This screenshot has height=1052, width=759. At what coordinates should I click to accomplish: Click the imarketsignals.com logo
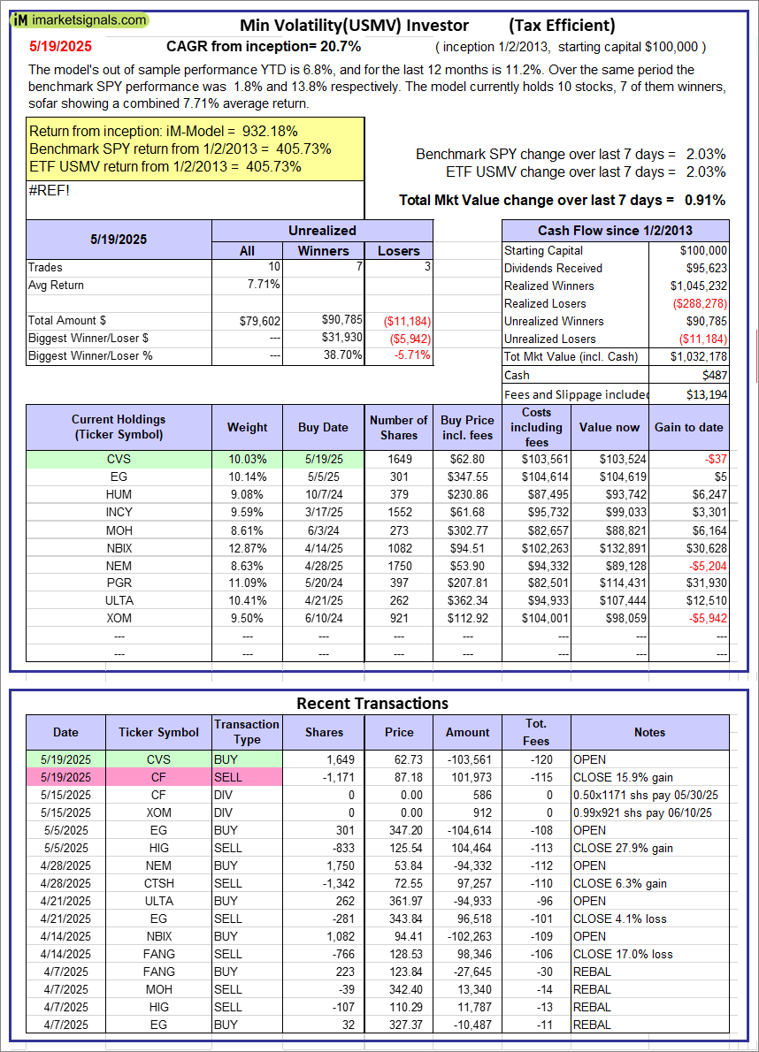[80, 19]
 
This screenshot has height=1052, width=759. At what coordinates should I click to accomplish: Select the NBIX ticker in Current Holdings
[119, 546]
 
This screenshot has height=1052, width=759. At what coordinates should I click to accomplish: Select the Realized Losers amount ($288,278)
[700, 303]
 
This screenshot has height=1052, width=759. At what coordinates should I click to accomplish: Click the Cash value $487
[714, 375]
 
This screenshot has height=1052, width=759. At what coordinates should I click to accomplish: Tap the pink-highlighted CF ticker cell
[159, 776]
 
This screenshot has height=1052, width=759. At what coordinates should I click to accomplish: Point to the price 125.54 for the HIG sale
[398, 847]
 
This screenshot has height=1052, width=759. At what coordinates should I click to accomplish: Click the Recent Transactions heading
[372, 703]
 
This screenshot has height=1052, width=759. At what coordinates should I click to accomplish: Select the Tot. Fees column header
[536, 732]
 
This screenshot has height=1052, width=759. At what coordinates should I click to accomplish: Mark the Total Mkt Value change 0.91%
[705, 200]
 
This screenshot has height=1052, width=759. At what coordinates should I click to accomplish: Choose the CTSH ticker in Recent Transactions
[159, 882]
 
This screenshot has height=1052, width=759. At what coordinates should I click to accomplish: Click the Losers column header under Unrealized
[399, 251]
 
